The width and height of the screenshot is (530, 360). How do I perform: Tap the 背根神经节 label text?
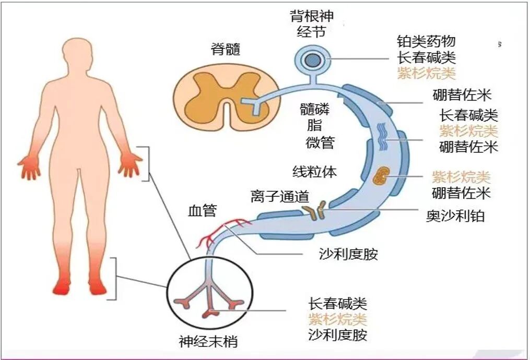pyautogui.click(x=311, y=23)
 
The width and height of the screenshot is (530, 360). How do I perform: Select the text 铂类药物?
pyautogui.click(x=426, y=42)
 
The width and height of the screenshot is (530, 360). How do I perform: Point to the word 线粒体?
pyautogui.click(x=314, y=172)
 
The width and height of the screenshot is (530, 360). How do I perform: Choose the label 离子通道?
pyautogui.click(x=280, y=197)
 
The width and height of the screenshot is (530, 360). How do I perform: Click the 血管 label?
pyautogui.click(x=203, y=210)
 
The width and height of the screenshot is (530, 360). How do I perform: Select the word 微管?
pyautogui.click(x=320, y=142)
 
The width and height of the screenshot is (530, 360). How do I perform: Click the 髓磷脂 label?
pyautogui.click(x=311, y=117)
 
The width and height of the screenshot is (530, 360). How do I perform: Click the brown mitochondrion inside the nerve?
pyautogui.click(x=381, y=176)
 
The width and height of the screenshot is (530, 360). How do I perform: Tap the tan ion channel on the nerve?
pyautogui.click(x=314, y=211)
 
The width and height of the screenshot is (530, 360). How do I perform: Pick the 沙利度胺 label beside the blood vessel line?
pyautogui.click(x=348, y=255)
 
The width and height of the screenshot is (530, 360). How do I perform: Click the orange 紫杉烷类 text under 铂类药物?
pyautogui.click(x=426, y=73)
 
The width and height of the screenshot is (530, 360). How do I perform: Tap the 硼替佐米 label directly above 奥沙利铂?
pyautogui.click(x=462, y=193)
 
